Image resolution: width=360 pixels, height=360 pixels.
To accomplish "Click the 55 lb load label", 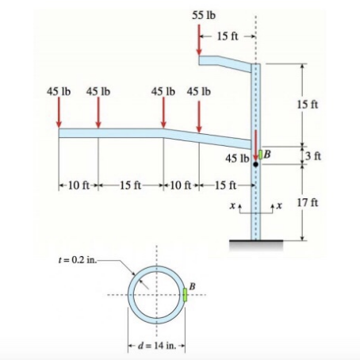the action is pos(204,15).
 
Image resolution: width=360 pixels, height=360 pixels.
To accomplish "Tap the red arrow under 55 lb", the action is pos(199,40).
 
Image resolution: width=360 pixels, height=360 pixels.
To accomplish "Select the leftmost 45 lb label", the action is pos(59,91).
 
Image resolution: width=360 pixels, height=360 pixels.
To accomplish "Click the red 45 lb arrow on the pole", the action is pos(255,145).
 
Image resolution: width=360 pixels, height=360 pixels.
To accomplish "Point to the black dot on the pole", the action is pos(255,164).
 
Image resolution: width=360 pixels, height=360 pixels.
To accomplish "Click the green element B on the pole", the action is pos(261,155).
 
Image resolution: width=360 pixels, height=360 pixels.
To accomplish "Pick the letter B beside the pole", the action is pos(267,154).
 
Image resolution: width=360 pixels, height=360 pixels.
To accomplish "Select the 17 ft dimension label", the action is pos(308,203).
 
